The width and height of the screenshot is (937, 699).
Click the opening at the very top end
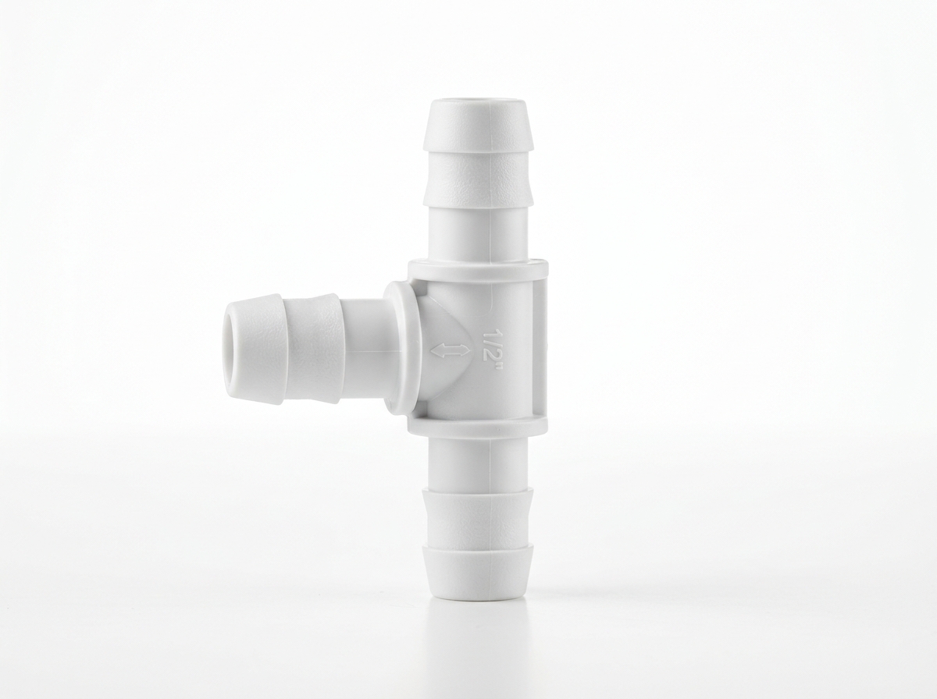coord(478,103)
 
